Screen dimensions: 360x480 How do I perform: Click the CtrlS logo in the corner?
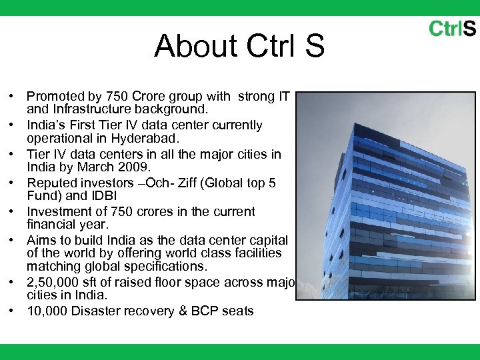[452, 28]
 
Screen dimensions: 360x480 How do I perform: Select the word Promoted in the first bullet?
[55, 97]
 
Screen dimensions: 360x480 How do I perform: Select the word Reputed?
[52, 183]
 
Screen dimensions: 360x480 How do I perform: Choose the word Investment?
[59, 212]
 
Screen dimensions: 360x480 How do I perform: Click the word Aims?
[41, 240]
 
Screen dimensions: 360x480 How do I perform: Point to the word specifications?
[169, 266]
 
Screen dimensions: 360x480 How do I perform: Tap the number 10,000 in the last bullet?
[47, 311]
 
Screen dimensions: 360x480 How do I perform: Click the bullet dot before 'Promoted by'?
[13, 97]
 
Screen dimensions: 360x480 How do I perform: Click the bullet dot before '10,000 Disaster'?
[13, 311]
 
